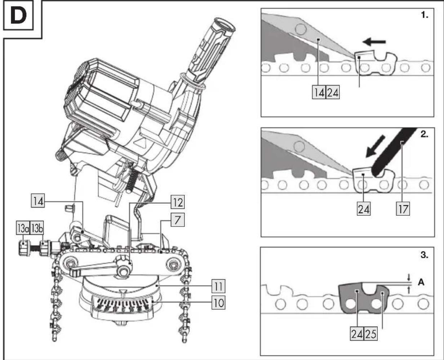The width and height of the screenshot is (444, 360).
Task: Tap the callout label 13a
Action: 23,228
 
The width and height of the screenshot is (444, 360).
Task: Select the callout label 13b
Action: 37,228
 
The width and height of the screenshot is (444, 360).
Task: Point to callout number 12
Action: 178,202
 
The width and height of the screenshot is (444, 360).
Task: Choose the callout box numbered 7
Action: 178,219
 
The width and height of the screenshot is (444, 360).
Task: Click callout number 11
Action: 218,286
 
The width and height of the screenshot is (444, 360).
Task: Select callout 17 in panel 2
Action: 403,208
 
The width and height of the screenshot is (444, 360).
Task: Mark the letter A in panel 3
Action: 421,282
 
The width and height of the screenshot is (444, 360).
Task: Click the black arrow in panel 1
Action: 374,42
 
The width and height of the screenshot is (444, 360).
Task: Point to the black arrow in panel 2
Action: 375,146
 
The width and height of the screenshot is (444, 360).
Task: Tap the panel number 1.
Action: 425,15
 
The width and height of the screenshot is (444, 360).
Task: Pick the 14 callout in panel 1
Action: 319,92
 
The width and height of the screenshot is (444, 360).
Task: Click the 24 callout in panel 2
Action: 364,208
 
